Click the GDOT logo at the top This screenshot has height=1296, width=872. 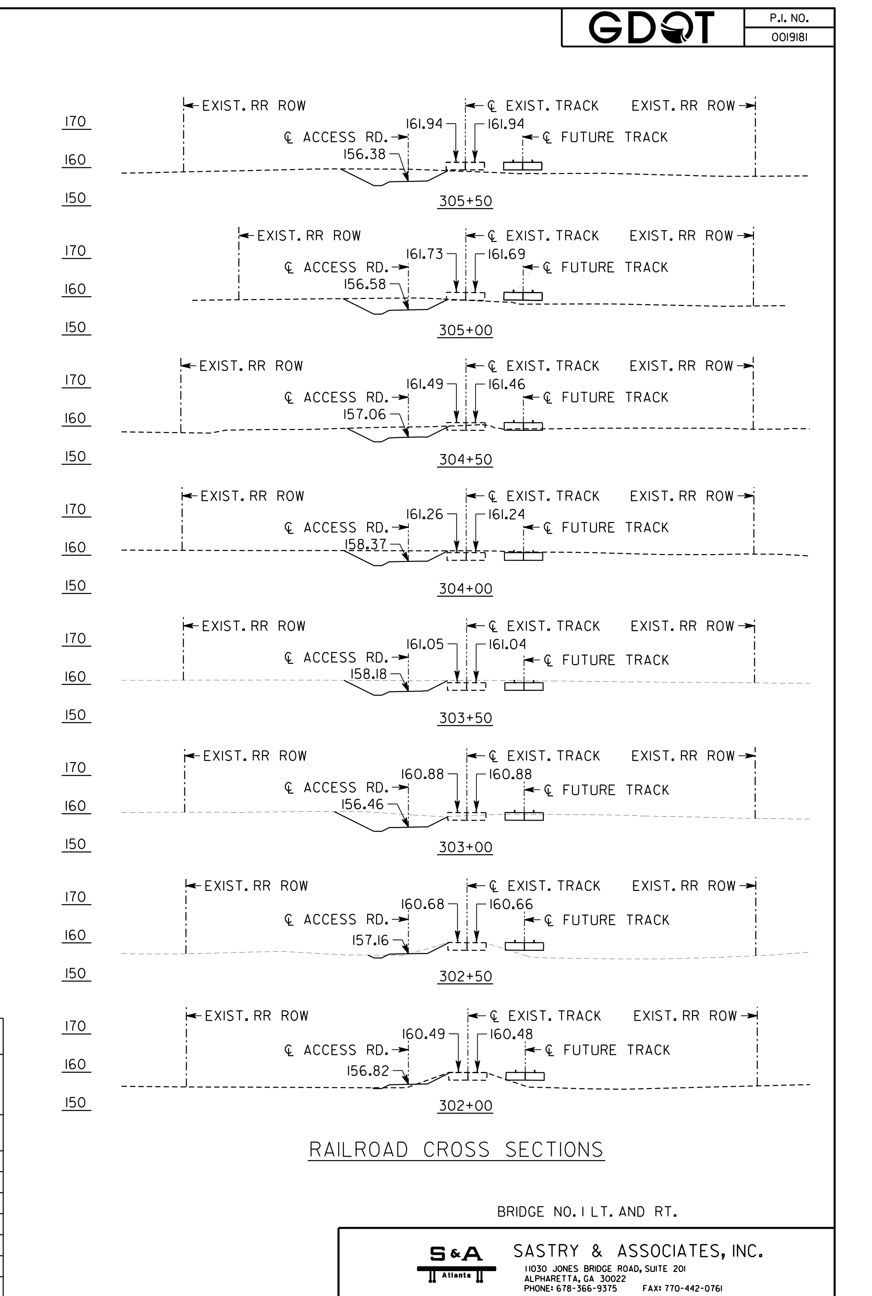click(x=651, y=28)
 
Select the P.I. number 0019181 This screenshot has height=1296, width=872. click(x=789, y=37)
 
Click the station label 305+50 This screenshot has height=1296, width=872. click(x=466, y=201)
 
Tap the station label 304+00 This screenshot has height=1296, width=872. click(x=466, y=589)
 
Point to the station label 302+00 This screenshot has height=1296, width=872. click(x=466, y=1106)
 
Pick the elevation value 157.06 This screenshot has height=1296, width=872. click(x=364, y=414)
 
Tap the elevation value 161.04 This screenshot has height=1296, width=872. click(x=507, y=645)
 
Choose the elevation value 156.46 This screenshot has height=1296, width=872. click(x=363, y=804)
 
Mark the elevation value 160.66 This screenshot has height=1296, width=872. click(x=511, y=904)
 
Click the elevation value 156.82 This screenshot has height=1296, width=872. click(x=368, y=1071)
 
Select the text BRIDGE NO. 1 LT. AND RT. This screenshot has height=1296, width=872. click(x=587, y=1212)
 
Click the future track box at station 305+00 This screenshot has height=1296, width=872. click(x=523, y=296)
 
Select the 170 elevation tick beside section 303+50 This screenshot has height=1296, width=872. click(x=76, y=639)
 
